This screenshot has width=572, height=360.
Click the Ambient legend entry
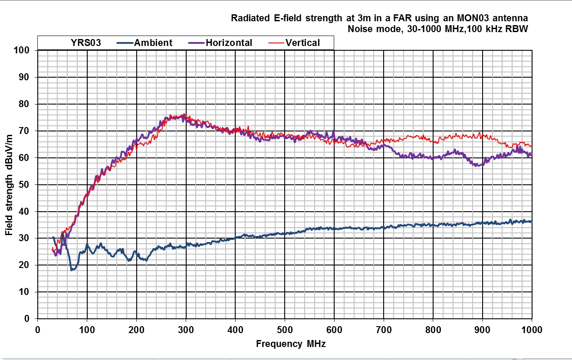(x=153, y=43)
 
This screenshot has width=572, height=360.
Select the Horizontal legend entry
(x=229, y=43)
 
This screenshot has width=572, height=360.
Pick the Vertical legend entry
(x=302, y=43)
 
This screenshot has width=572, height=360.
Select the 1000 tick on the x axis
(x=531, y=329)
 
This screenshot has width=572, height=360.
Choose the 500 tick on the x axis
(x=285, y=329)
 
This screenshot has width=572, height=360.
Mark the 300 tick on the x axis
(x=186, y=329)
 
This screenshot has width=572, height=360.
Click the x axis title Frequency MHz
(x=290, y=344)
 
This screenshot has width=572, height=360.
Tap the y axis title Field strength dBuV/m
(x=9, y=185)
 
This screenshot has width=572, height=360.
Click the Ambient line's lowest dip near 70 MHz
(x=72, y=270)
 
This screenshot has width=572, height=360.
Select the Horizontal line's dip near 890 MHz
(x=477, y=165)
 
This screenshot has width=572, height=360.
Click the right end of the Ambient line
(x=531, y=221)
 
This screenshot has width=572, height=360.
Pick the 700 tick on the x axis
(x=384, y=329)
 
